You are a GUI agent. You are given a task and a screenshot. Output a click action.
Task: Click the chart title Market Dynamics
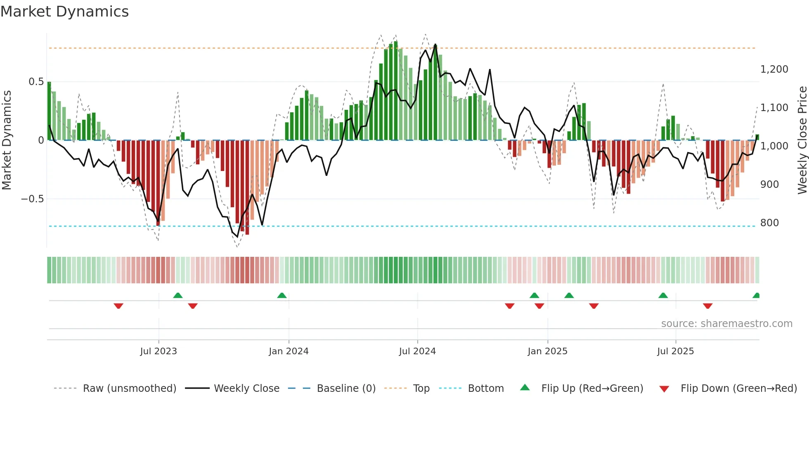[64, 12]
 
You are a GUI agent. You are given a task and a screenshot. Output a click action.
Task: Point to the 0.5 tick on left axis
[36, 82]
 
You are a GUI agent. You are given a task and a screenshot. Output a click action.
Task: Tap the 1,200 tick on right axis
[774, 69]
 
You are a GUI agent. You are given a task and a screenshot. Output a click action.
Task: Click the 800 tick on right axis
[769, 223]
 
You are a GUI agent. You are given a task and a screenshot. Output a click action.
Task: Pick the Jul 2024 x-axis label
[417, 351]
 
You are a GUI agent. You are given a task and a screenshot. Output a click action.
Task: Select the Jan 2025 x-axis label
[547, 351]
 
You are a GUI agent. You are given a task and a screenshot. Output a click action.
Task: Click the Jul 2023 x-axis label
[158, 351]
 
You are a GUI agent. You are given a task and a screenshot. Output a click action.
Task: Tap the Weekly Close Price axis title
[802, 140]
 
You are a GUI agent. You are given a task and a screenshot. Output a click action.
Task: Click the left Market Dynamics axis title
[7, 140]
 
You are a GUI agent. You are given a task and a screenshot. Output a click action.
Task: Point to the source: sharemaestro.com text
[726, 324]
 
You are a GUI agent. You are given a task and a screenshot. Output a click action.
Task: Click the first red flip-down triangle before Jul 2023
[118, 306]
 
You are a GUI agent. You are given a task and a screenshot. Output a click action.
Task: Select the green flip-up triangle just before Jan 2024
[282, 295]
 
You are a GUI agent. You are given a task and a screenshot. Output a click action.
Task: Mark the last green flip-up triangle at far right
[756, 295]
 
